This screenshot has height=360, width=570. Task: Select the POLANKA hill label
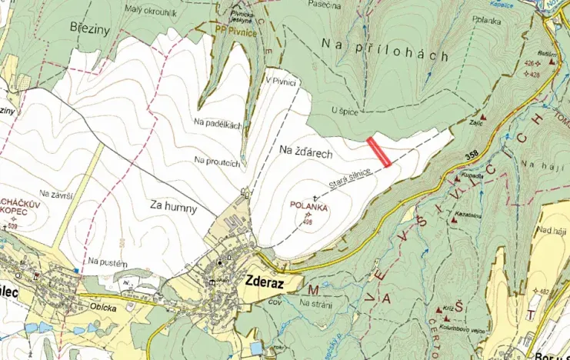(309, 206)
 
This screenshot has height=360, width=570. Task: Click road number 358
(474, 157)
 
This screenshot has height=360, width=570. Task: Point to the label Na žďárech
(301, 154)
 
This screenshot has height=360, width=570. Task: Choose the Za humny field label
(174, 208)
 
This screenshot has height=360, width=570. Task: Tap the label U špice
(345, 112)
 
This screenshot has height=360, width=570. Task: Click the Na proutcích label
(218, 161)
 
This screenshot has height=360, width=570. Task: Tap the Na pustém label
(106, 261)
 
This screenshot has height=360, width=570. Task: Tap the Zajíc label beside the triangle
(475, 122)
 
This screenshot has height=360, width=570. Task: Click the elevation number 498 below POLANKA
(308, 223)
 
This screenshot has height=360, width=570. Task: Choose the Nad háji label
(552, 230)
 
